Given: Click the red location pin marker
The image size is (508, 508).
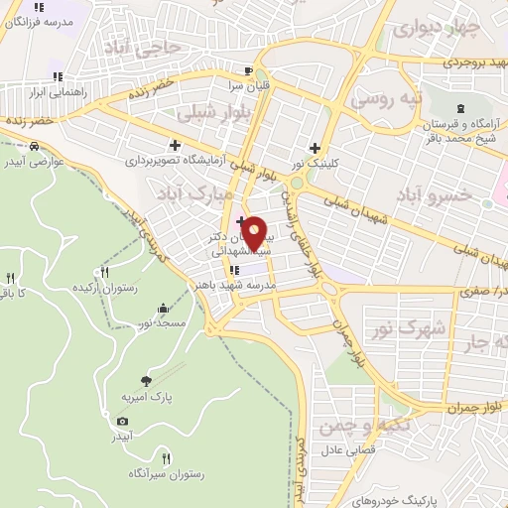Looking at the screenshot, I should (x=254, y=234).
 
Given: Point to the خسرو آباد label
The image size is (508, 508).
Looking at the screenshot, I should (x=433, y=194).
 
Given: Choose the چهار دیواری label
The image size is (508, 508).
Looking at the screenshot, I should (x=431, y=28).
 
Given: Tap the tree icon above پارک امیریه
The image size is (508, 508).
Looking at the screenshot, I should (x=147, y=380).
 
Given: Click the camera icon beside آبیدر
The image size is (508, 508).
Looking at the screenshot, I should (x=122, y=421).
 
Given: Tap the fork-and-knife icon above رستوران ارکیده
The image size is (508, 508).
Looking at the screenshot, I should (x=105, y=271).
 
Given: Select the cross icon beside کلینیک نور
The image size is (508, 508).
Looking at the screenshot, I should (x=315, y=148).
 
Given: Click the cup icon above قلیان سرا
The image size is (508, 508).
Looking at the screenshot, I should (x=249, y=71).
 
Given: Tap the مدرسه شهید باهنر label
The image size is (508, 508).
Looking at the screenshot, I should (x=234, y=285).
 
